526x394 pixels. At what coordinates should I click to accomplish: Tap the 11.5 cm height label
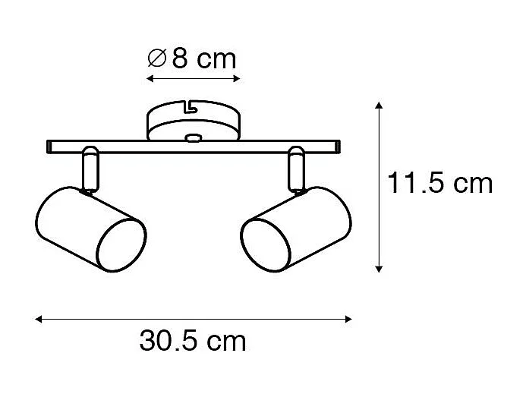439,184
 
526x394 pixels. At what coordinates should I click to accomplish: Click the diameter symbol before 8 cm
156,58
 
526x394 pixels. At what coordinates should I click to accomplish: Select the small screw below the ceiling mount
194,139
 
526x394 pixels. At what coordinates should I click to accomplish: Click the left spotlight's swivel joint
90,171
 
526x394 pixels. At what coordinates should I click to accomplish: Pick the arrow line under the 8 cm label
193,79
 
